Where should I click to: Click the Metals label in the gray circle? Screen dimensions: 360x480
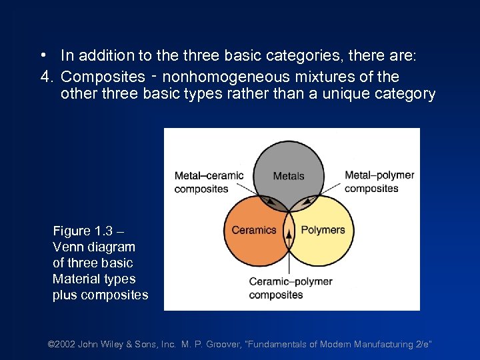289,176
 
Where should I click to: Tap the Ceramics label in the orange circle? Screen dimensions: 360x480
253,230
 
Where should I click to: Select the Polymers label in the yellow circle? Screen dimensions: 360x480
323,230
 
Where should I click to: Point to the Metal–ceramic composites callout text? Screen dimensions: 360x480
209,182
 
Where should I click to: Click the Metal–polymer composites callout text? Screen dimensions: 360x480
379,181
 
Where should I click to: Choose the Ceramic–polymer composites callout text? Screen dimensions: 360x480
290,288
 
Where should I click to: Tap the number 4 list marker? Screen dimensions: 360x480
45,77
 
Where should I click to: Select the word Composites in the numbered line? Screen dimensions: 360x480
103,77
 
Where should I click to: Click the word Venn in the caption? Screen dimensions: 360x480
67,247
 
